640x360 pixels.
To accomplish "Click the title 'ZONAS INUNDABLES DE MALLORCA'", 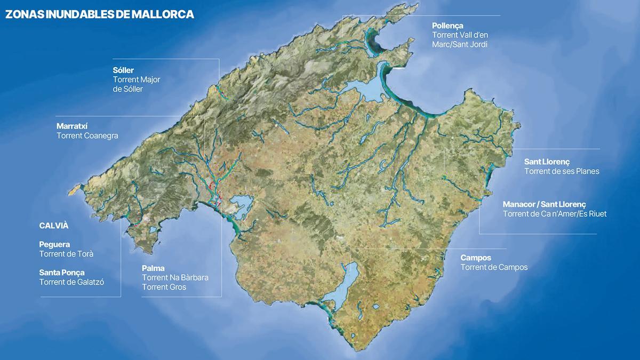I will click(x=99, y=14).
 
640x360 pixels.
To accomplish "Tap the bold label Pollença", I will click(x=447, y=25).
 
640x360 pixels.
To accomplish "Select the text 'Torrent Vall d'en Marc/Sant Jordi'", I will click(x=460, y=39).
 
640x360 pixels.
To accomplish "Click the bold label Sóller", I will click(x=123, y=70).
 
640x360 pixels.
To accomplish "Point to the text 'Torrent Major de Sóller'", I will click(x=137, y=84).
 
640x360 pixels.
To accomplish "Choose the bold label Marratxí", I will click(x=72, y=126).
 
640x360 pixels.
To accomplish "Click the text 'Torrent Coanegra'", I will click(x=87, y=136).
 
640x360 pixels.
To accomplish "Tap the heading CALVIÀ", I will click(x=54, y=226).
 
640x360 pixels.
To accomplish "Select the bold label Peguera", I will click(x=54, y=244).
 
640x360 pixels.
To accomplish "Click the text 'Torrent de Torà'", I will click(x=70, y=254).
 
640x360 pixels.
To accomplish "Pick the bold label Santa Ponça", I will click(x=62, y=273).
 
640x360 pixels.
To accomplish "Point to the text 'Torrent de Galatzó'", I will click(x=71, y=282).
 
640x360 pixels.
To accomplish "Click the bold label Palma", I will click(x=153, y=268).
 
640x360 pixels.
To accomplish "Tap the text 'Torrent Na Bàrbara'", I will click(x=175, y=278).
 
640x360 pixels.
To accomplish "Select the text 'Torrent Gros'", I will click(x=164, y=287).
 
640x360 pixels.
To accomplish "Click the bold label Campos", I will click(x=476, y=258).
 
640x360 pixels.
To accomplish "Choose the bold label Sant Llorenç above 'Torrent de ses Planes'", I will click(x=547, y=162).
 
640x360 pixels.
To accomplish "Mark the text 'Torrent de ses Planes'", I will click(x=562, y=171).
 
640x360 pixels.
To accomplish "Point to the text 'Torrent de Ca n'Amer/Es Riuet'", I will click(x=555, y=214).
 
